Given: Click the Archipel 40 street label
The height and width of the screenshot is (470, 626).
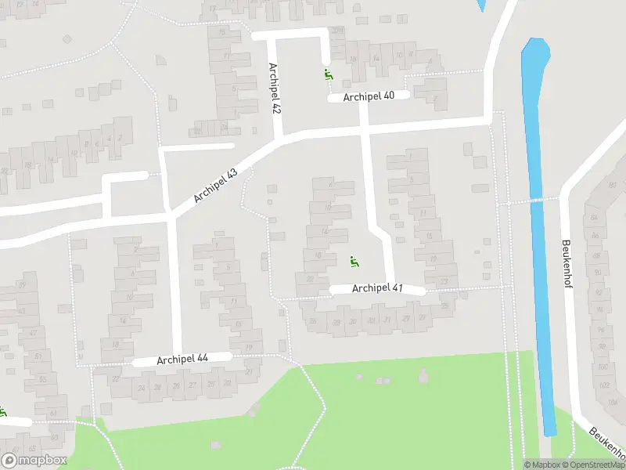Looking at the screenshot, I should coord(367,96).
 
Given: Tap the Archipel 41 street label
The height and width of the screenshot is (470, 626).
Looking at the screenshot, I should coord(377,288).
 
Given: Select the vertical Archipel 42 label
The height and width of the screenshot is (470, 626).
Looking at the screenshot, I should coord(274,89).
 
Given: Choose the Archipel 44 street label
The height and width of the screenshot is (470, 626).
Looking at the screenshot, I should coord(182,360).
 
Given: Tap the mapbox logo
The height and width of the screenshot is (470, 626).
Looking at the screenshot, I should coord(34,461).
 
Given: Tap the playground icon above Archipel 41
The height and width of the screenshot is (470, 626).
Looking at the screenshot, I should coord(354,262).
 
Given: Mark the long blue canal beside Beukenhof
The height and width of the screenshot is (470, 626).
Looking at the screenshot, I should coord(540,235).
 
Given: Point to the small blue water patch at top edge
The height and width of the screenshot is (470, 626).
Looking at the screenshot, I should coord(480,5).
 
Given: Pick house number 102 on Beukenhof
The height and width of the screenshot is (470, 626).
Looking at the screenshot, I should coord(604,385).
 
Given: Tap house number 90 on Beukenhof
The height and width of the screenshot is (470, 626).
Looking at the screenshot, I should coord(597,272).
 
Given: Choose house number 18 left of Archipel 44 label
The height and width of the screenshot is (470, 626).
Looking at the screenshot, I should coord(116,345).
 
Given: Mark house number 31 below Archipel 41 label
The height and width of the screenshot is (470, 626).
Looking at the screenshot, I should coord(372,320).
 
